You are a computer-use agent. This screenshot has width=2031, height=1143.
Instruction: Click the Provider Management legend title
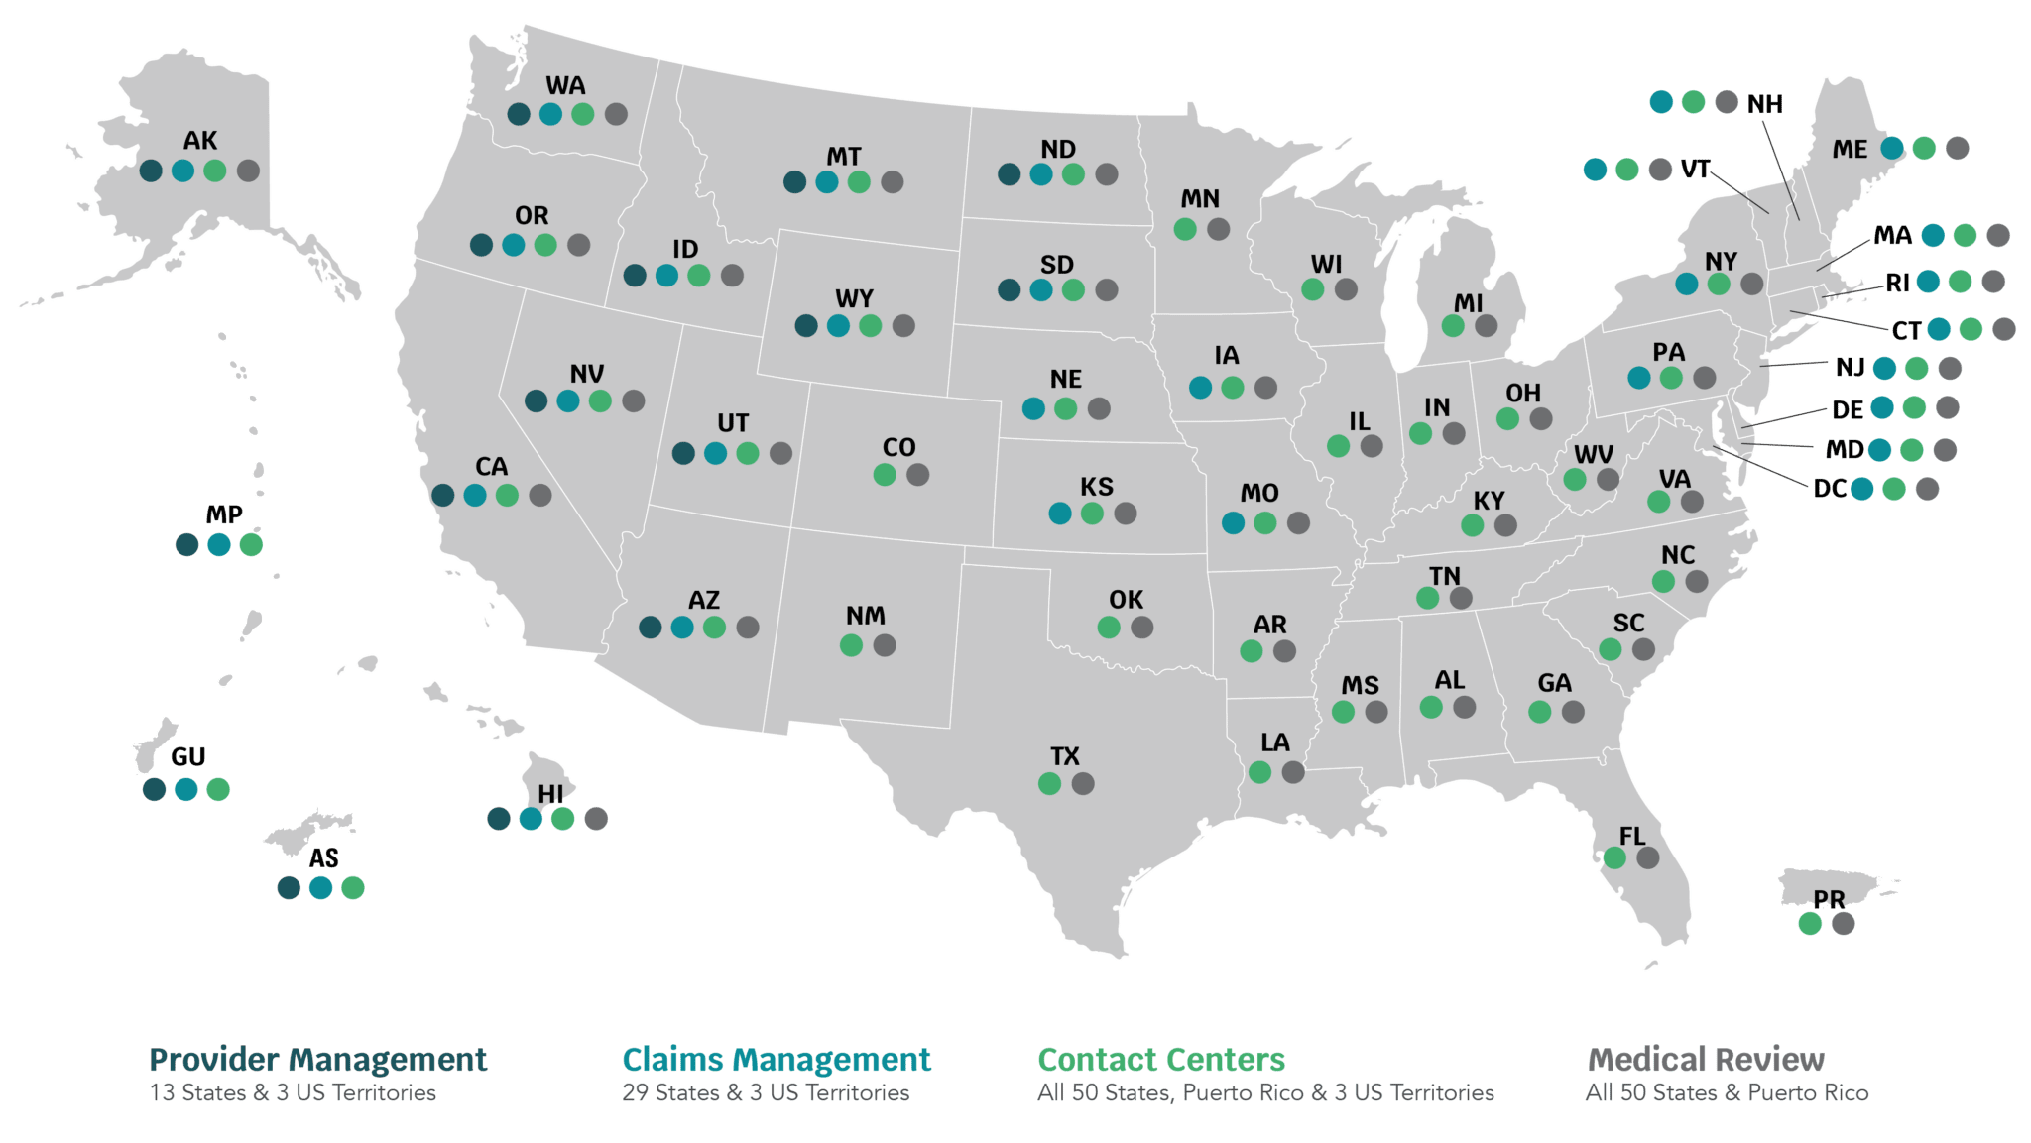click(317, 1060)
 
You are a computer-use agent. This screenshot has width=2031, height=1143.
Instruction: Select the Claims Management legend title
click(776, 1060)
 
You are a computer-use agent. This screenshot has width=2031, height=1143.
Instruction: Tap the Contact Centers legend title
click(1161, 1060)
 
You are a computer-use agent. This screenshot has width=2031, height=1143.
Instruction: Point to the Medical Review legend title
click(1705, 1060)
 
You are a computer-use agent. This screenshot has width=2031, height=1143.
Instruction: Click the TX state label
click(1064, 757)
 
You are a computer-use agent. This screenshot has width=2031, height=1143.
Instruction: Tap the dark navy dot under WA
click(519, 114)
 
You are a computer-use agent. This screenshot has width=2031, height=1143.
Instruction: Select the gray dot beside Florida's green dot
click(1647, 858)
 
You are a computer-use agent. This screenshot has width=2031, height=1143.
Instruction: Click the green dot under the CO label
click(885, 475)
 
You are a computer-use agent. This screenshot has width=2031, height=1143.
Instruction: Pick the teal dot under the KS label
click(1060, 514)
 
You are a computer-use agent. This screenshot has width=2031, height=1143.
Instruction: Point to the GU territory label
click(188, 758)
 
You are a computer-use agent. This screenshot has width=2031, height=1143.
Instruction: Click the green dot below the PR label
click(1810, 924)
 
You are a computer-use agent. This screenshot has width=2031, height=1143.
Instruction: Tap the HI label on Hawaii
click(550, 794)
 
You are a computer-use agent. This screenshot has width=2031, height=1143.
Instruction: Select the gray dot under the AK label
click(248, 171)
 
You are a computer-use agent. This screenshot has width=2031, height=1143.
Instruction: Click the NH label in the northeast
click(1764, 104)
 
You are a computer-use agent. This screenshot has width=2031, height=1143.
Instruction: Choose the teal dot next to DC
click(1861, 489)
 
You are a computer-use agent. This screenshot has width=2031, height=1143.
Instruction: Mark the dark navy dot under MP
click(186, 545)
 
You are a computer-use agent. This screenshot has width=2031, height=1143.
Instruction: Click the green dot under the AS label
click(352, 887)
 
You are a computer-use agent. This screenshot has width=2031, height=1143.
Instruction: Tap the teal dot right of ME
click(1892, 149)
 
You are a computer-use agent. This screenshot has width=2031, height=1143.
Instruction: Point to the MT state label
click(843, 157)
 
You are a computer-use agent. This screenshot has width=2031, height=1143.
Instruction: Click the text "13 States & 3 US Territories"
click(293, 1093)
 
